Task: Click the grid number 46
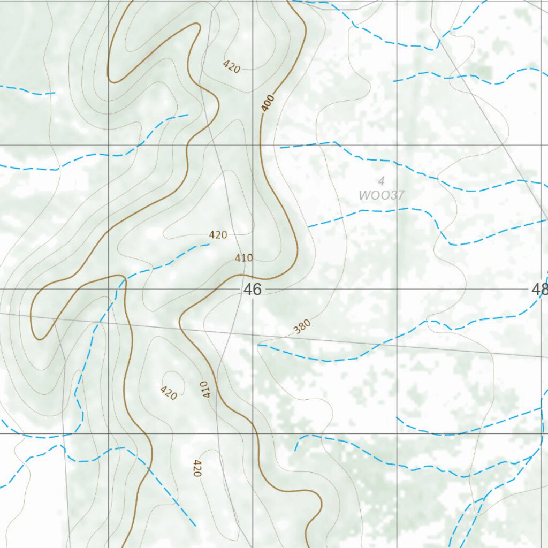pyautogui.click(x=253, y=290)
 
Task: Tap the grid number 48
pyautogui.click(x=539, y=290)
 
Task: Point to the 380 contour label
pyautogui.click(x=302, y=326)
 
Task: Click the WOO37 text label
pyautogui.click(x=381, y=195)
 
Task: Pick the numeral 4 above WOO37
pyautogui.click(x=381, y=180)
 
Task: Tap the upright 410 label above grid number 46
pyautogui.click(x=243, y=258)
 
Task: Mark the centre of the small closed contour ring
pyautogui.click(x=173, y=381)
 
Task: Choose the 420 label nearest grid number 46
pyautogui.click(x=218, y=234)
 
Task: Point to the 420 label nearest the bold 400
pyautogui.click(x=231, y=67)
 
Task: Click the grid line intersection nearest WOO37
pyautogui.click(x=397, y=145)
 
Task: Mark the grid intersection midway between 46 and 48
pyautogui.click(x=397, y=290)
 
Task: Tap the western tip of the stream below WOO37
pyautogui.click(x=309, y=227)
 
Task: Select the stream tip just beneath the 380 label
pyautogui.click(x=258, y=345)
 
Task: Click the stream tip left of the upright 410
pyautogui.click(x=209, y=245)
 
